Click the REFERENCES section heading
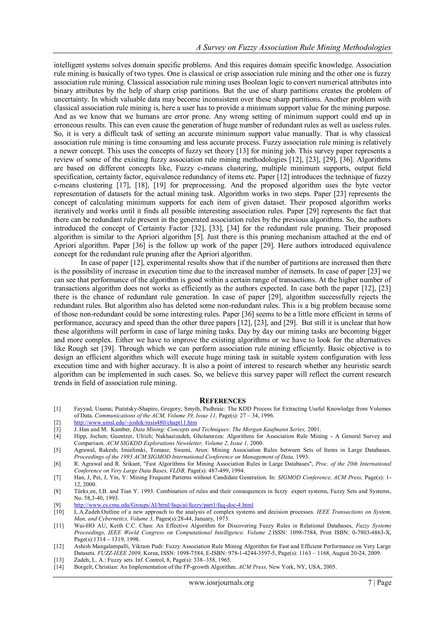pyautogui.click(x=222, y=401)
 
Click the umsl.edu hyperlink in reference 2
pyautogui.click(x=135, y=422)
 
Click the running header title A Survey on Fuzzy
pyautogui.click(x=293, y=47)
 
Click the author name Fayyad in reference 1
pyautogui.click(x=82, y=409)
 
